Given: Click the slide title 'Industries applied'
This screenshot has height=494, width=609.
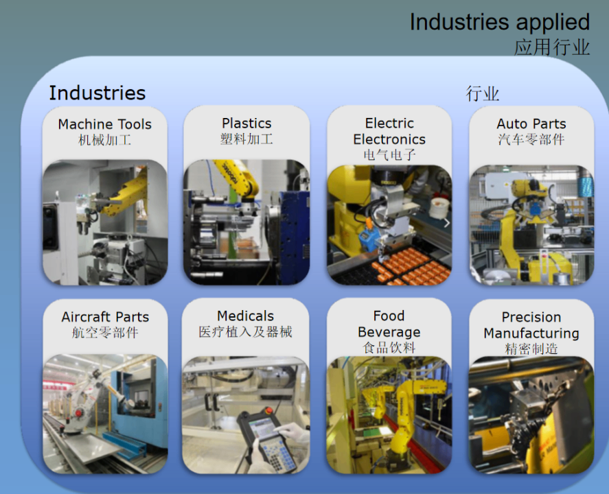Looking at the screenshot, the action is (500, 23).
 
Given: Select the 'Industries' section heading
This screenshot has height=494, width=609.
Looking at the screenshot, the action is (97, 93).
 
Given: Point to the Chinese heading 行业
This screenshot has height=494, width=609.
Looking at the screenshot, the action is (483, 94).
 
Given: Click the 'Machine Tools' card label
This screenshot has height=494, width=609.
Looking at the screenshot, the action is (105, 124).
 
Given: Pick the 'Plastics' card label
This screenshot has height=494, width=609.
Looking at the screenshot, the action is (246, 123).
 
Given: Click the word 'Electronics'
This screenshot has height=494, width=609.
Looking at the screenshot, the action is (389, 139).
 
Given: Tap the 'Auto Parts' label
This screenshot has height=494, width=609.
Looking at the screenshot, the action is (531, 123).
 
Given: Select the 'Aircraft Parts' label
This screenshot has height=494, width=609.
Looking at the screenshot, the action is (105, 317).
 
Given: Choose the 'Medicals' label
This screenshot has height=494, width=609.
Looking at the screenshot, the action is (246, 316).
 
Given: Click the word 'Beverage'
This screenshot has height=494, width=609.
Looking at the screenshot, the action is (389, 332).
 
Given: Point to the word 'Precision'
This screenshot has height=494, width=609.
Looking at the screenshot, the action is (531, 317).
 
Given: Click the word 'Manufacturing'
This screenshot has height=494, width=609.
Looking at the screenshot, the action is (531, 333).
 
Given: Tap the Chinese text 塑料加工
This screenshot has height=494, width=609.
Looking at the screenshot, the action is (246, 139).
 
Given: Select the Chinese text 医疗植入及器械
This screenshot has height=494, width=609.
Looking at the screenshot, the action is (246, 332).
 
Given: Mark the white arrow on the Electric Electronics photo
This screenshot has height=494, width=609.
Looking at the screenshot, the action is (447, 223).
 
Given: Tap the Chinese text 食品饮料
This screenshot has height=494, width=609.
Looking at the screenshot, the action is (389, 348).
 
